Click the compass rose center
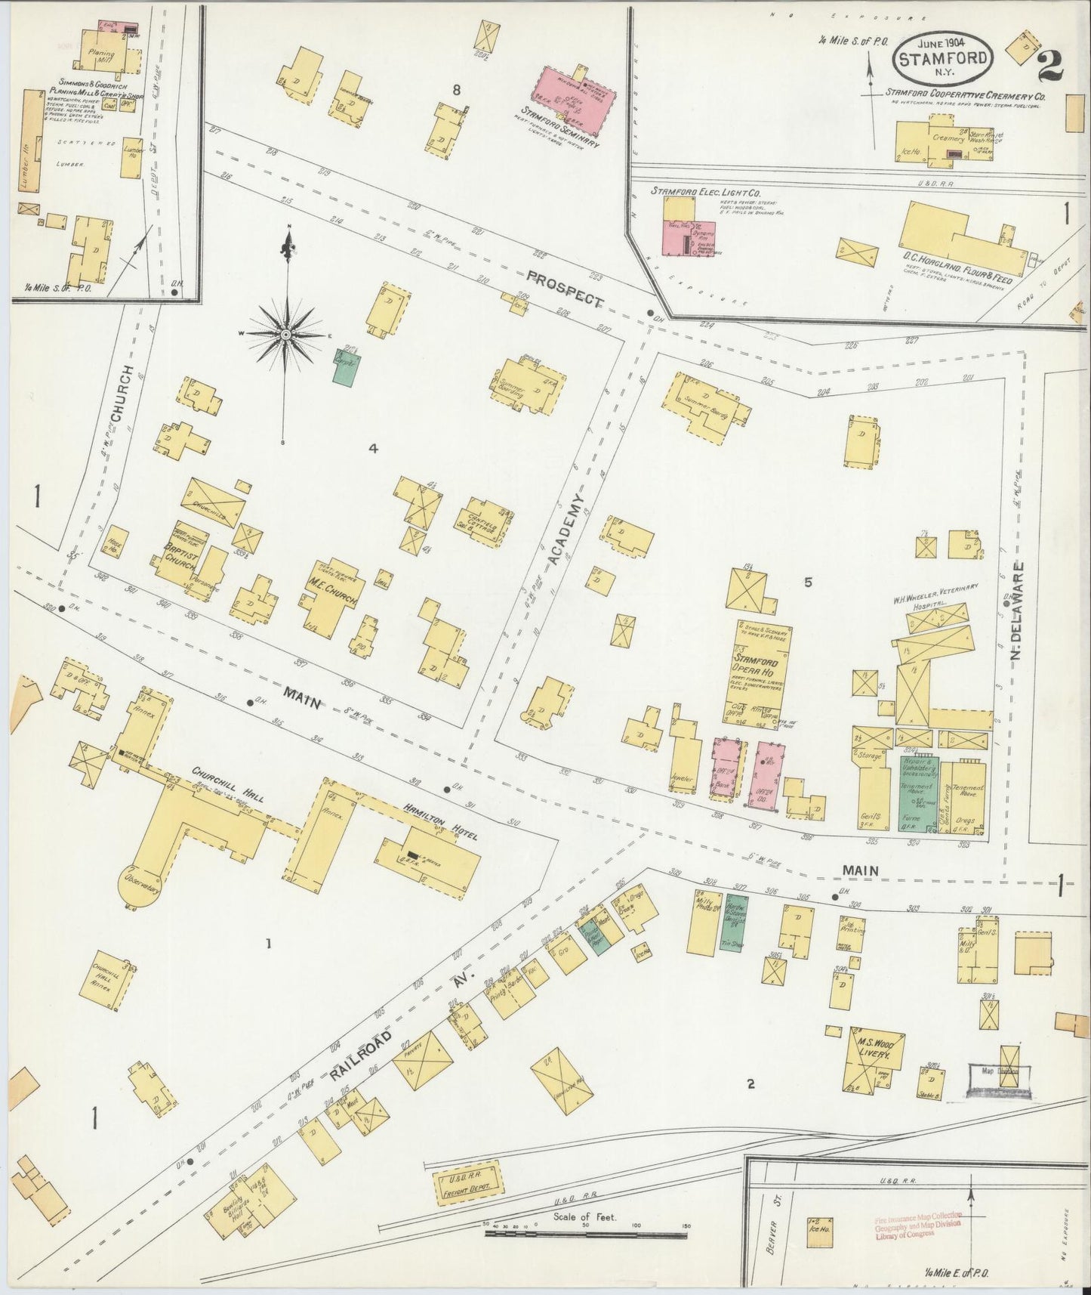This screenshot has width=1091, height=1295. pyautogui.click(x=286, y=333)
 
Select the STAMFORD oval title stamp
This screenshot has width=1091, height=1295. pyautogui.click(x=944, y=59)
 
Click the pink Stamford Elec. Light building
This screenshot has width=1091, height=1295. pyautogui.click(x=689, y=238)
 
